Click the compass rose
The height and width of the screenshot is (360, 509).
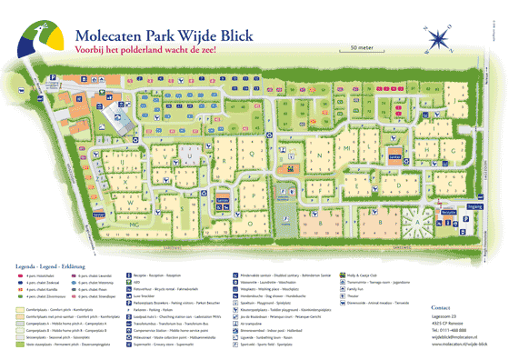pyautogui.click(x=436, y=38)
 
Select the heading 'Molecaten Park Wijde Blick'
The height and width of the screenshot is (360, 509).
pyautogui.click(x=155, y=29)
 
